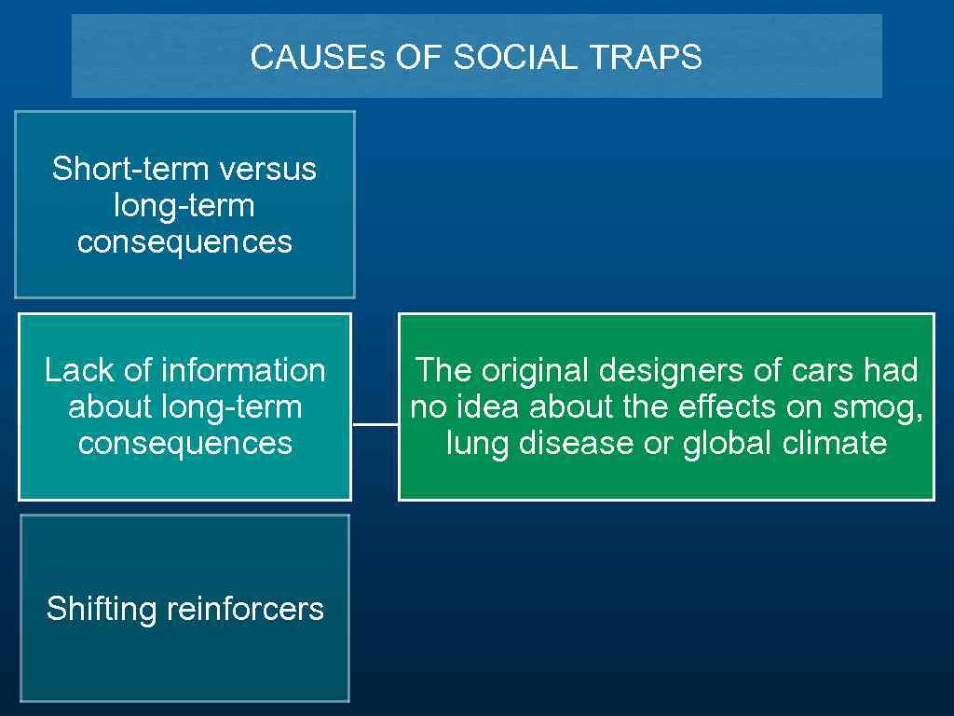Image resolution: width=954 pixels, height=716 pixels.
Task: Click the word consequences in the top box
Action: (184, 241)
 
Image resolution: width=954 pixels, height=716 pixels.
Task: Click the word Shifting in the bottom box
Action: (102, 609)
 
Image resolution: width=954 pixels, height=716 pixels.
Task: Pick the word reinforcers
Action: (245, 609)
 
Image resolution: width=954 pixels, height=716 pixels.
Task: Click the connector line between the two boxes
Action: (375, 424)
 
